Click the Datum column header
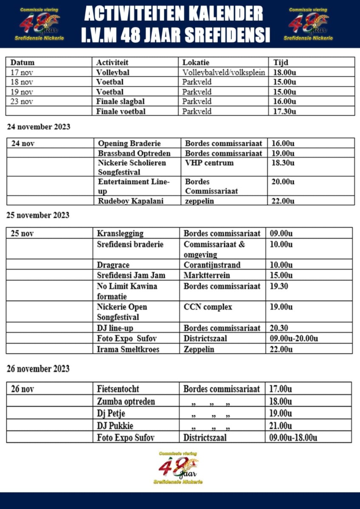[x=22, y=62]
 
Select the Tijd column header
[x=281, y=62]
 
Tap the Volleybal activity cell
[x=112, y=72]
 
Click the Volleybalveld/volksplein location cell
[x=224, y=72]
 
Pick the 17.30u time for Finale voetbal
[x=284, y=111]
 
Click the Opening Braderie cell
[x=129, y=143]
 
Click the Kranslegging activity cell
[x=120, y=233]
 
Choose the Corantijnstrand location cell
[x=212, y=265]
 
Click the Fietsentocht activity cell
[x=118, y=389]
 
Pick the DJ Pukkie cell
[x=115, y=425]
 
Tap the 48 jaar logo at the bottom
[x=178, y=468]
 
